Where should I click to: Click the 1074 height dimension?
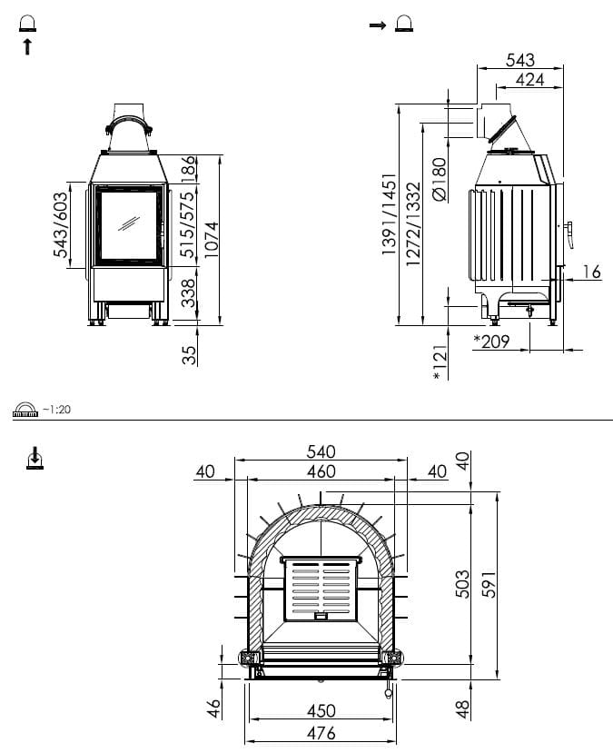[211, 239]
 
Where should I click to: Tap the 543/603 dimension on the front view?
[61, 224]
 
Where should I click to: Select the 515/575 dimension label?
[188, 224]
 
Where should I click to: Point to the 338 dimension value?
[188, 293]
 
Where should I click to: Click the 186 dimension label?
[188, 169]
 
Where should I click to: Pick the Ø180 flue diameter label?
[440, 179]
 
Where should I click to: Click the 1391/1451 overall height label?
[390, 214]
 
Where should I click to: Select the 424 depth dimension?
[530, 80]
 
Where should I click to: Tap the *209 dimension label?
[491, 342]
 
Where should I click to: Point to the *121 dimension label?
[440, 362]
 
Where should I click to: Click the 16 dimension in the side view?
[592, 272]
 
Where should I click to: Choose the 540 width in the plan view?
[321, 452]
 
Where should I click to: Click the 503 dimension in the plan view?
[462, 584]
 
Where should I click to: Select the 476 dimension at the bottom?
[321, 733]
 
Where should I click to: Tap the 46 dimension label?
[214, 708]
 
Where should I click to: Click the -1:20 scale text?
[56, 409]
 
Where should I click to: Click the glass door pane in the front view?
[130, 225]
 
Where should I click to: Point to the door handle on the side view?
[569, 235]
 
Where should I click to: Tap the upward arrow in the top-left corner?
[28, 47]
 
